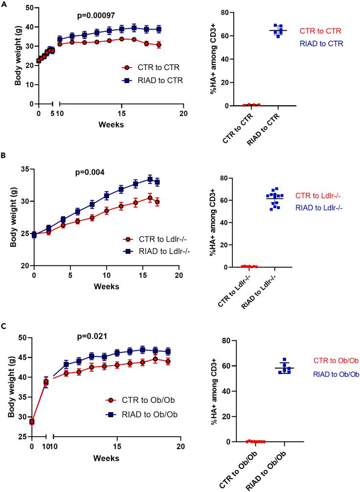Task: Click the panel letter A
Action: pos(3,4)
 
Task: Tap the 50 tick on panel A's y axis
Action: pos(26,8)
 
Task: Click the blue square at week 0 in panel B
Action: pos(34,235)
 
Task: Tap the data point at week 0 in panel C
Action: pos(32,422)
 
